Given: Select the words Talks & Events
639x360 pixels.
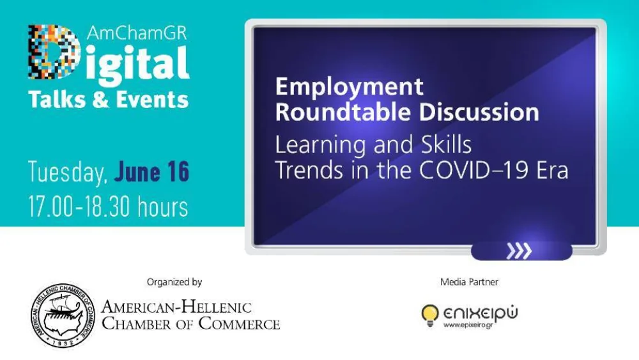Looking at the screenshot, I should [108, 99].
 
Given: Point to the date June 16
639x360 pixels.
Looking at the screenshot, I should [151, 173].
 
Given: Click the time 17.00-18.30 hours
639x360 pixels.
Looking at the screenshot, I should [107, 207].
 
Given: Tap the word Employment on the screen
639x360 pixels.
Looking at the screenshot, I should [349, 86].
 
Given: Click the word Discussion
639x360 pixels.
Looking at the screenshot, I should [479, 113].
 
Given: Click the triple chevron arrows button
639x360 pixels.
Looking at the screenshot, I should [520, 251].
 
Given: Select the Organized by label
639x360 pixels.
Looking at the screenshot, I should [174, 282].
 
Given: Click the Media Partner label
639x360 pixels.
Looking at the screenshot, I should [469, 282].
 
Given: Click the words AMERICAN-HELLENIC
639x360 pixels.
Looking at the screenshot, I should [176, 308].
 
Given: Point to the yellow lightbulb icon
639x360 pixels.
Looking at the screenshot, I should [430, 314].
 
